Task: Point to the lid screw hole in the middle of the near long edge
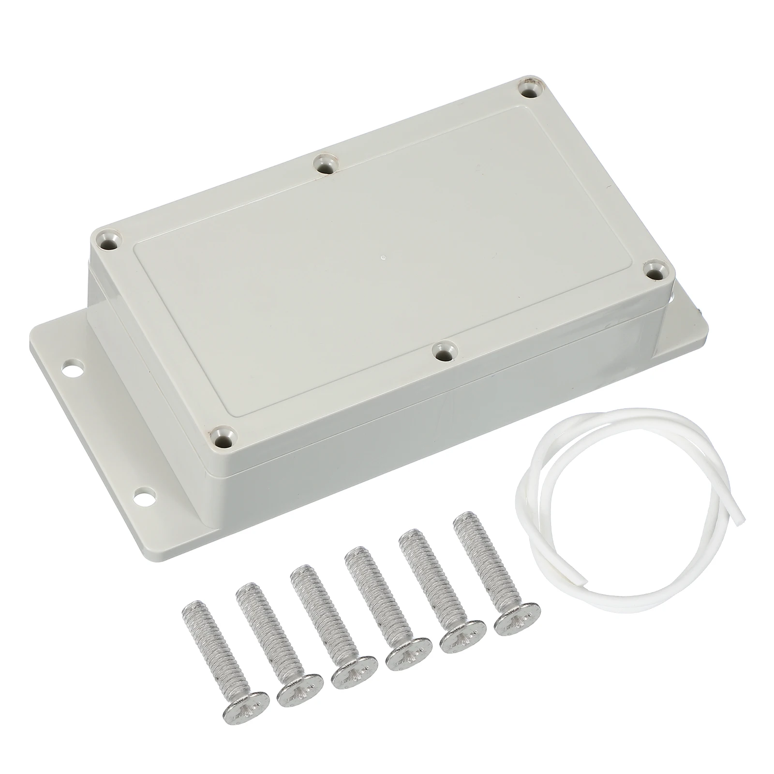click(443, 352)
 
